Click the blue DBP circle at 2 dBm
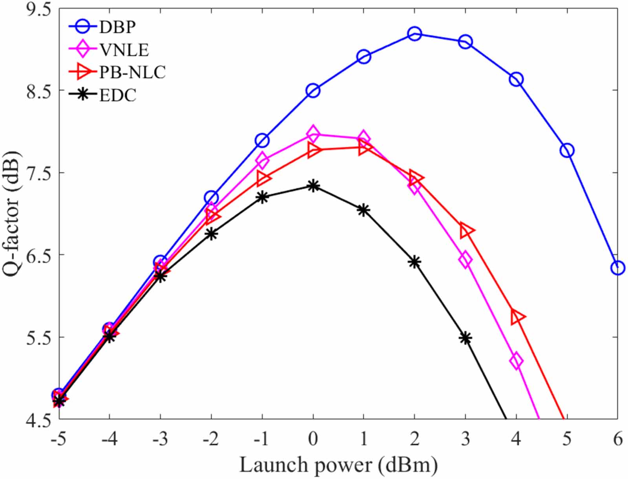coord(414,34)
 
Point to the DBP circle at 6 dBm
coord(617,268)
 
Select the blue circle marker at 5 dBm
coord(567,150)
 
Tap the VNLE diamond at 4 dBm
coord(516,360)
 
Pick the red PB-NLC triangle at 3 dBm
coord(466,230)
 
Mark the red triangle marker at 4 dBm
coord(517,316)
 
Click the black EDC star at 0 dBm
coord(313,186)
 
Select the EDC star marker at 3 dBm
coord(466,338)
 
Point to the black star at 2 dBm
coord(414,262)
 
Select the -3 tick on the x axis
coord(160,439)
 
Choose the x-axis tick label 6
coord(618,439)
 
